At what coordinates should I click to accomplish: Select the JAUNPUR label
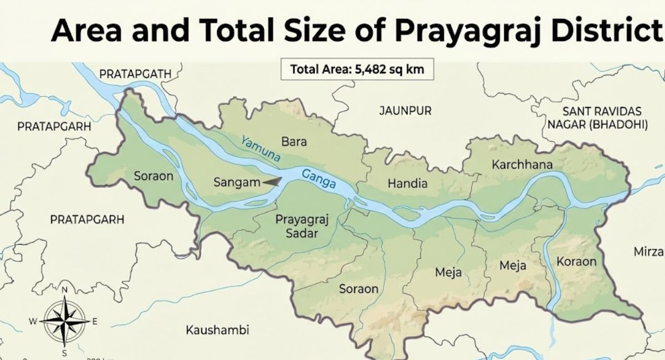point(405,111)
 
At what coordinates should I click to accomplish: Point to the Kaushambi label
point(217,330)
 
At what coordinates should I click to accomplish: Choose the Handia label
point(407,183)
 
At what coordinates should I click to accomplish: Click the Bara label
point(294,142)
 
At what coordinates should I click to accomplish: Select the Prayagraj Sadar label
point(301,227)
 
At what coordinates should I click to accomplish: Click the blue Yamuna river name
point(260,149)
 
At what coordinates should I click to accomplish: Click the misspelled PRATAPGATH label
point(135,73)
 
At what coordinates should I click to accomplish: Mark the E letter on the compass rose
point(95,321)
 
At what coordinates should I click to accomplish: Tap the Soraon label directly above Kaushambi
point(359,289)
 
